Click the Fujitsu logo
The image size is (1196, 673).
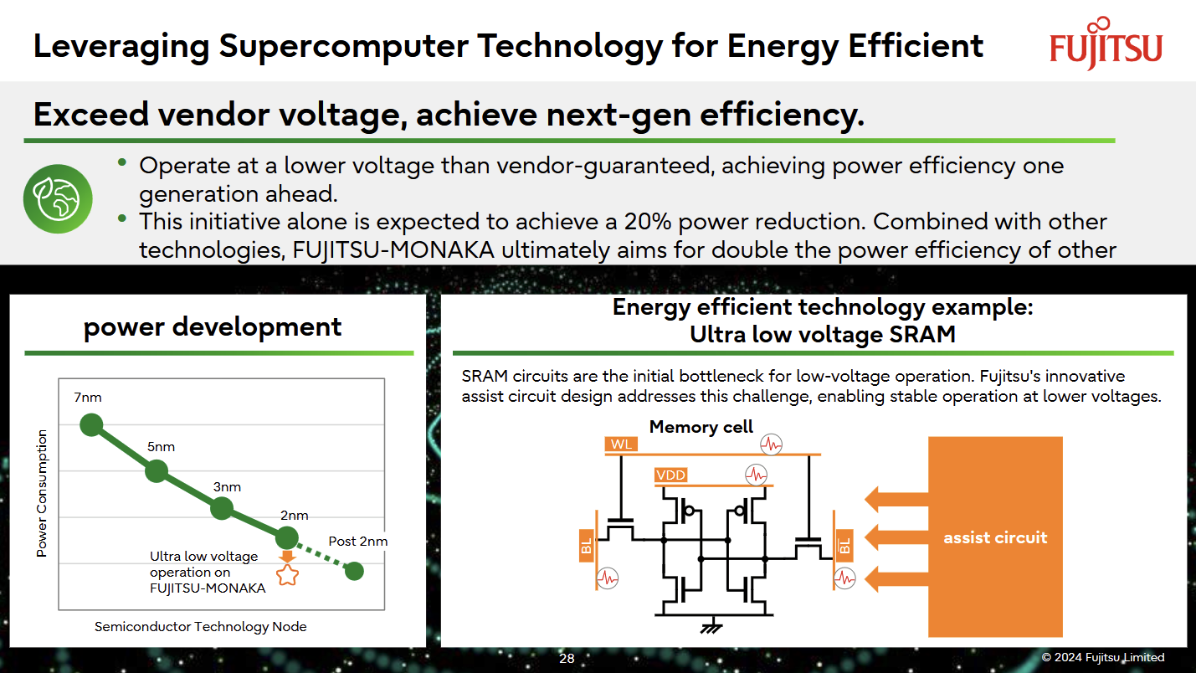(x=1106, y=44)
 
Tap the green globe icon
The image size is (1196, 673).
(x=58, y=198)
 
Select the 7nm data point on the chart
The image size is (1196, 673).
(x=91, y=424)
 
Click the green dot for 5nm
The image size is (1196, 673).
(x=157, y=471)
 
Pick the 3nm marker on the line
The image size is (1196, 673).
(x=222, y=508)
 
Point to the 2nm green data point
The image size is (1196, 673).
(x=287, y=537)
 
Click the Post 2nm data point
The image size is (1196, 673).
(x=354, y=572)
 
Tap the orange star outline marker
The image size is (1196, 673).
(x=287, y=575)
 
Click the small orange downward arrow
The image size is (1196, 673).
(x=287, y=556)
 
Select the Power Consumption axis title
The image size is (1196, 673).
(x=42, y=493)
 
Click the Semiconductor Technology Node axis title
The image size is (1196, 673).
(x=201, y=626)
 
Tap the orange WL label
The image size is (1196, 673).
(x=621, y=444)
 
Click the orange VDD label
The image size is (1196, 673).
(x=670, y=475)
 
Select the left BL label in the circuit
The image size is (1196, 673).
(x=587, y=546)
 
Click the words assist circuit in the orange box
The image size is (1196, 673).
(x=995, y=537)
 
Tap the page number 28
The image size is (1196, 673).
(x=567, y=658)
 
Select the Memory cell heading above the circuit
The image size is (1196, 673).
(x=701, y=427)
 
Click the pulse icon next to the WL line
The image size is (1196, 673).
(x=771, y=444)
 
